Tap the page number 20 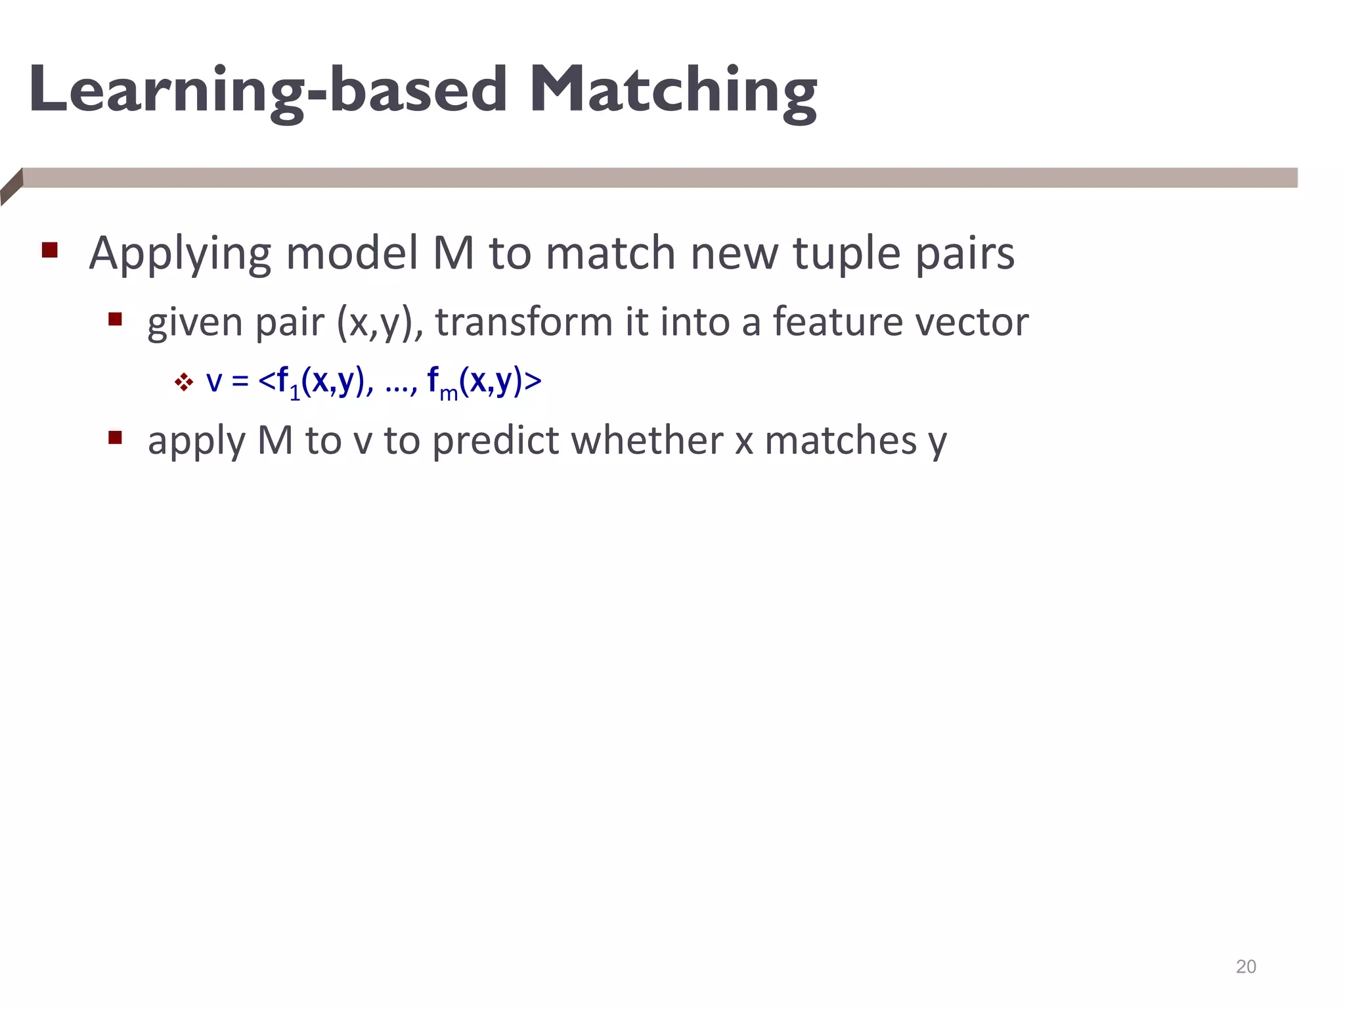coord(1246,967)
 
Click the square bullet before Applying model coord(50,250)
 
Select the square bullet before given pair coord(116,319)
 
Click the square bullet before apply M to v coord(116,437)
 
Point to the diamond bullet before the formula coord(184,382)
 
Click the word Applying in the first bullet coord(180,254)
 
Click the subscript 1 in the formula coord(295,393)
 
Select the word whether coord(647,440)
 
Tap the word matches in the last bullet coord(840,440)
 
